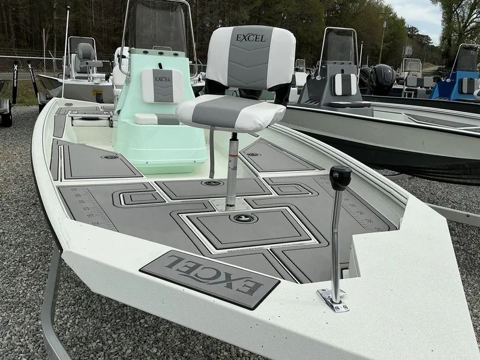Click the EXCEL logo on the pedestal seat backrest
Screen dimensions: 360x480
[250, 38]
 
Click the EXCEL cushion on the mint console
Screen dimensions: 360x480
[163, 85]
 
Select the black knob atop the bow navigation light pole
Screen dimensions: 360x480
[340, 178]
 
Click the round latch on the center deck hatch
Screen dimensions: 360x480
[244, 218]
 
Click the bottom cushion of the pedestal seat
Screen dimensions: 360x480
[230, 112]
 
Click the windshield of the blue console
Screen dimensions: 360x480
[467, 58]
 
